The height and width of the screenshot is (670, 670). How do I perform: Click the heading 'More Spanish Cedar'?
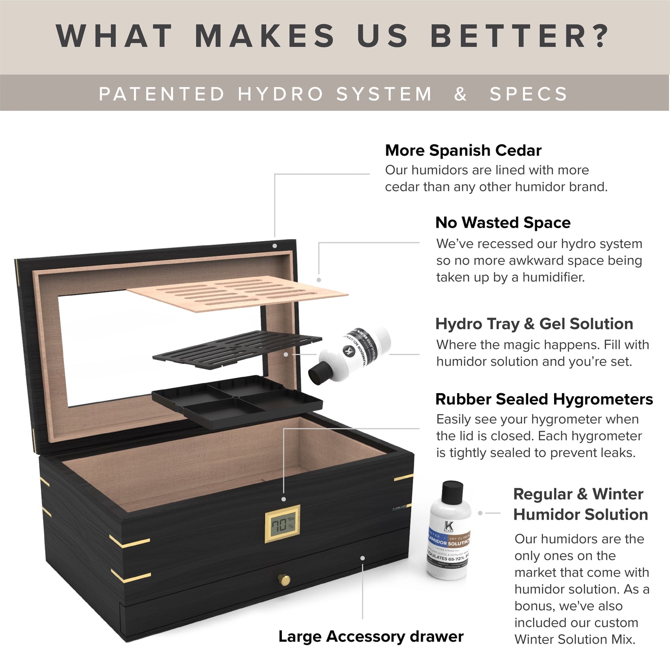click(463, 151)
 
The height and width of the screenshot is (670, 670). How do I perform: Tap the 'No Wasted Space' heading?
click(503, 223)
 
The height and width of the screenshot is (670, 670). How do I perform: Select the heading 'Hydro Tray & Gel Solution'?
click(534, 324)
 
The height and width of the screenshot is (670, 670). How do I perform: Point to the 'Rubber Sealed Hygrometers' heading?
click(544, 400)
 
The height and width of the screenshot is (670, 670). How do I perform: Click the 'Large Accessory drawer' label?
click(370, 637)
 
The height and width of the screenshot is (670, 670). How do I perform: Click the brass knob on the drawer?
click(284, 580)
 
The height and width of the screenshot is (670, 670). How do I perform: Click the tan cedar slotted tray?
click(236, 294)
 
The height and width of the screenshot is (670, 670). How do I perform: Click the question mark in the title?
click(601, 36)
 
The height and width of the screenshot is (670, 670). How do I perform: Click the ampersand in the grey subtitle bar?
click(460, 94)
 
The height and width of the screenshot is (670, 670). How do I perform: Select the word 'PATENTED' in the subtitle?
click(162, 94)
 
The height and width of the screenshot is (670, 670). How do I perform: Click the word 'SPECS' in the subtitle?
click(529, 94)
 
